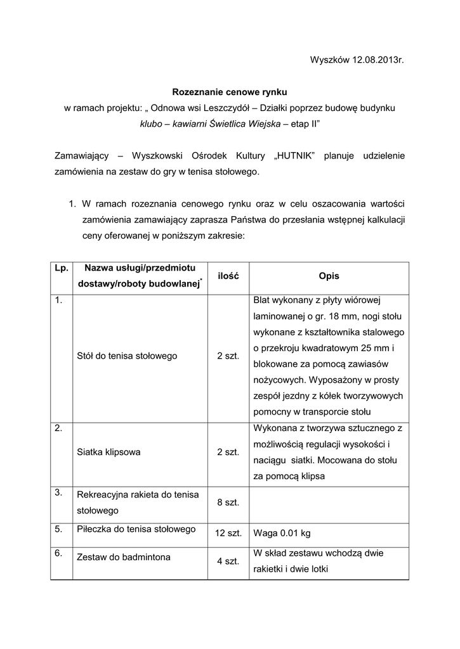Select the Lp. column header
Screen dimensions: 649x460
click(x=62, y=269)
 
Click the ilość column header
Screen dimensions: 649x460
click(x=228, y=276)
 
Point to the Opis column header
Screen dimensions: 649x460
click(x=329, y=276)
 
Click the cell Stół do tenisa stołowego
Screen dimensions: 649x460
click(x=127, y=356)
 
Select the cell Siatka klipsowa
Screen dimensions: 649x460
click(x=108, y=453)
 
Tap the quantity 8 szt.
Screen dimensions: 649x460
click(x=228, y=502)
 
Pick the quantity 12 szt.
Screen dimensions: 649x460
click(x=228, y=533)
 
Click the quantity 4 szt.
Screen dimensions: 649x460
click(x=228, y=561)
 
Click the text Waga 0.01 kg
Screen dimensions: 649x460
click(x=281, y=533)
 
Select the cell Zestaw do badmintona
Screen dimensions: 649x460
click(x=123, y=557)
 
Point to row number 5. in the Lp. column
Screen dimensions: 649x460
click(x=58, y=528)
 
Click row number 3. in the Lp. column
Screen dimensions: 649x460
click(x=58, y=492)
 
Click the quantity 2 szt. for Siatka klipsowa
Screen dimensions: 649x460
click(x=228, y=453)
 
